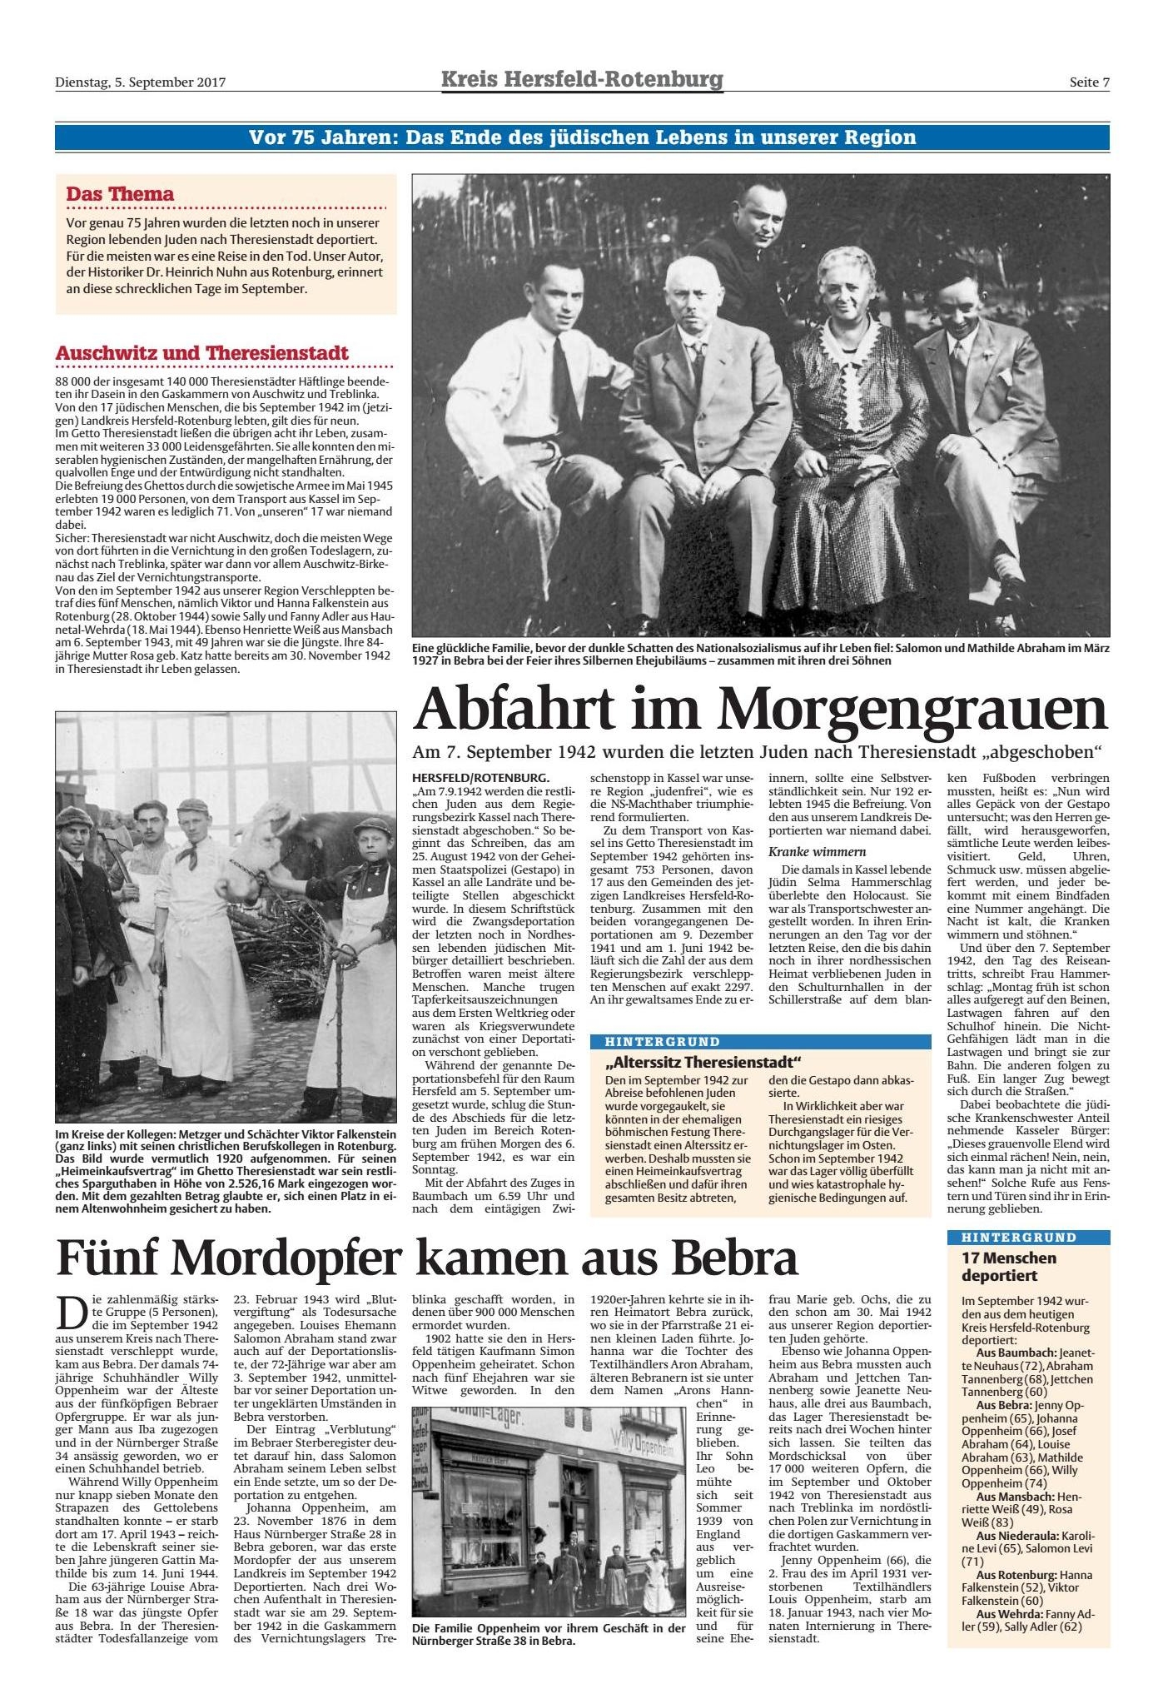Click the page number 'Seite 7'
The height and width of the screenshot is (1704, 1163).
click(1090, 82)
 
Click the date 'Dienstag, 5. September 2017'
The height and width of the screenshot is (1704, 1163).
click(141, 82)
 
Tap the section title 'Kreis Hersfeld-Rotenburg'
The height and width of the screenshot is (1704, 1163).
click(582, 80)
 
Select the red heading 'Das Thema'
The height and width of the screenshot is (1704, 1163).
click(120, 194)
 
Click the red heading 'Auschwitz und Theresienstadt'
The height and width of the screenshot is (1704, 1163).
click(201, 353)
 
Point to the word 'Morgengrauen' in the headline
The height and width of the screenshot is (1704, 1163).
click(911, 710)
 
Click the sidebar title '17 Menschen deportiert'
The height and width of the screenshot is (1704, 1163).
click(1008, 1267)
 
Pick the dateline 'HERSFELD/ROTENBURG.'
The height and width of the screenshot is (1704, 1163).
click(480, 776)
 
